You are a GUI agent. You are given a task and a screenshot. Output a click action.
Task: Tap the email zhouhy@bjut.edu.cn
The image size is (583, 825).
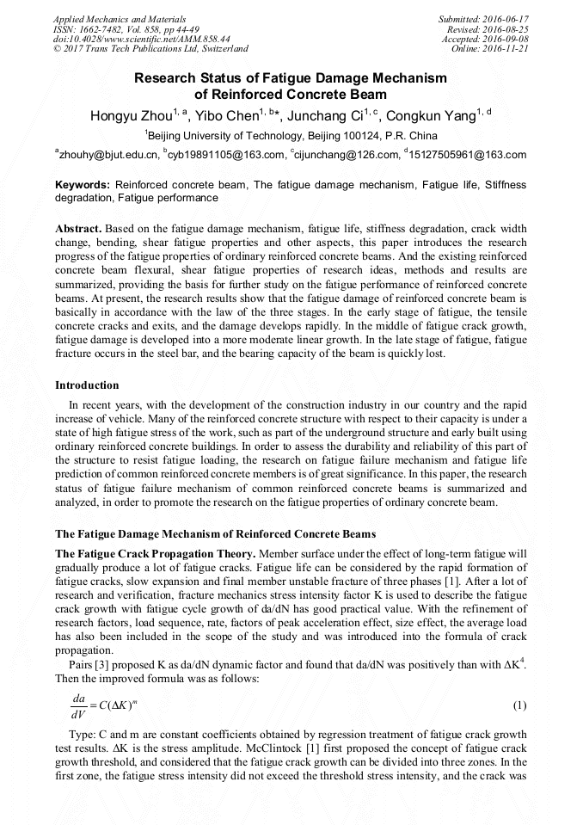click(x=109, y=156)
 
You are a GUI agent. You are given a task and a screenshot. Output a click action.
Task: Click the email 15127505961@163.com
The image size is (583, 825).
click(x=468, y=156)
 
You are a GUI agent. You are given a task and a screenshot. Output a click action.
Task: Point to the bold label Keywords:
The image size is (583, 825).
click(x=83, y=185)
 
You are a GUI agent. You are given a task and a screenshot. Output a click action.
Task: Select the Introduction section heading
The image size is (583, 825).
click(x=87, y=385)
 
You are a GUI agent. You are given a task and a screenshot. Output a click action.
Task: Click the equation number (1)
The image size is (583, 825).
click(x=519, y=706)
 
